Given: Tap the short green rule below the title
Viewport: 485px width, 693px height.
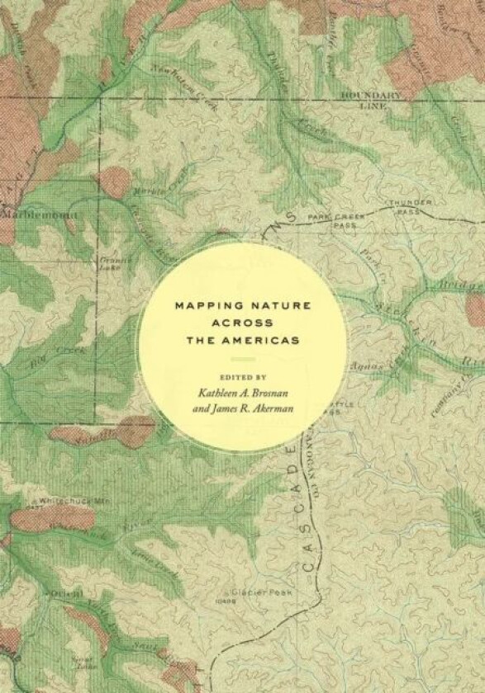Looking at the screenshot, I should [242, 360].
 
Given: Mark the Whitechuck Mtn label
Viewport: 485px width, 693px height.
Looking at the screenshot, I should [63, 501].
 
